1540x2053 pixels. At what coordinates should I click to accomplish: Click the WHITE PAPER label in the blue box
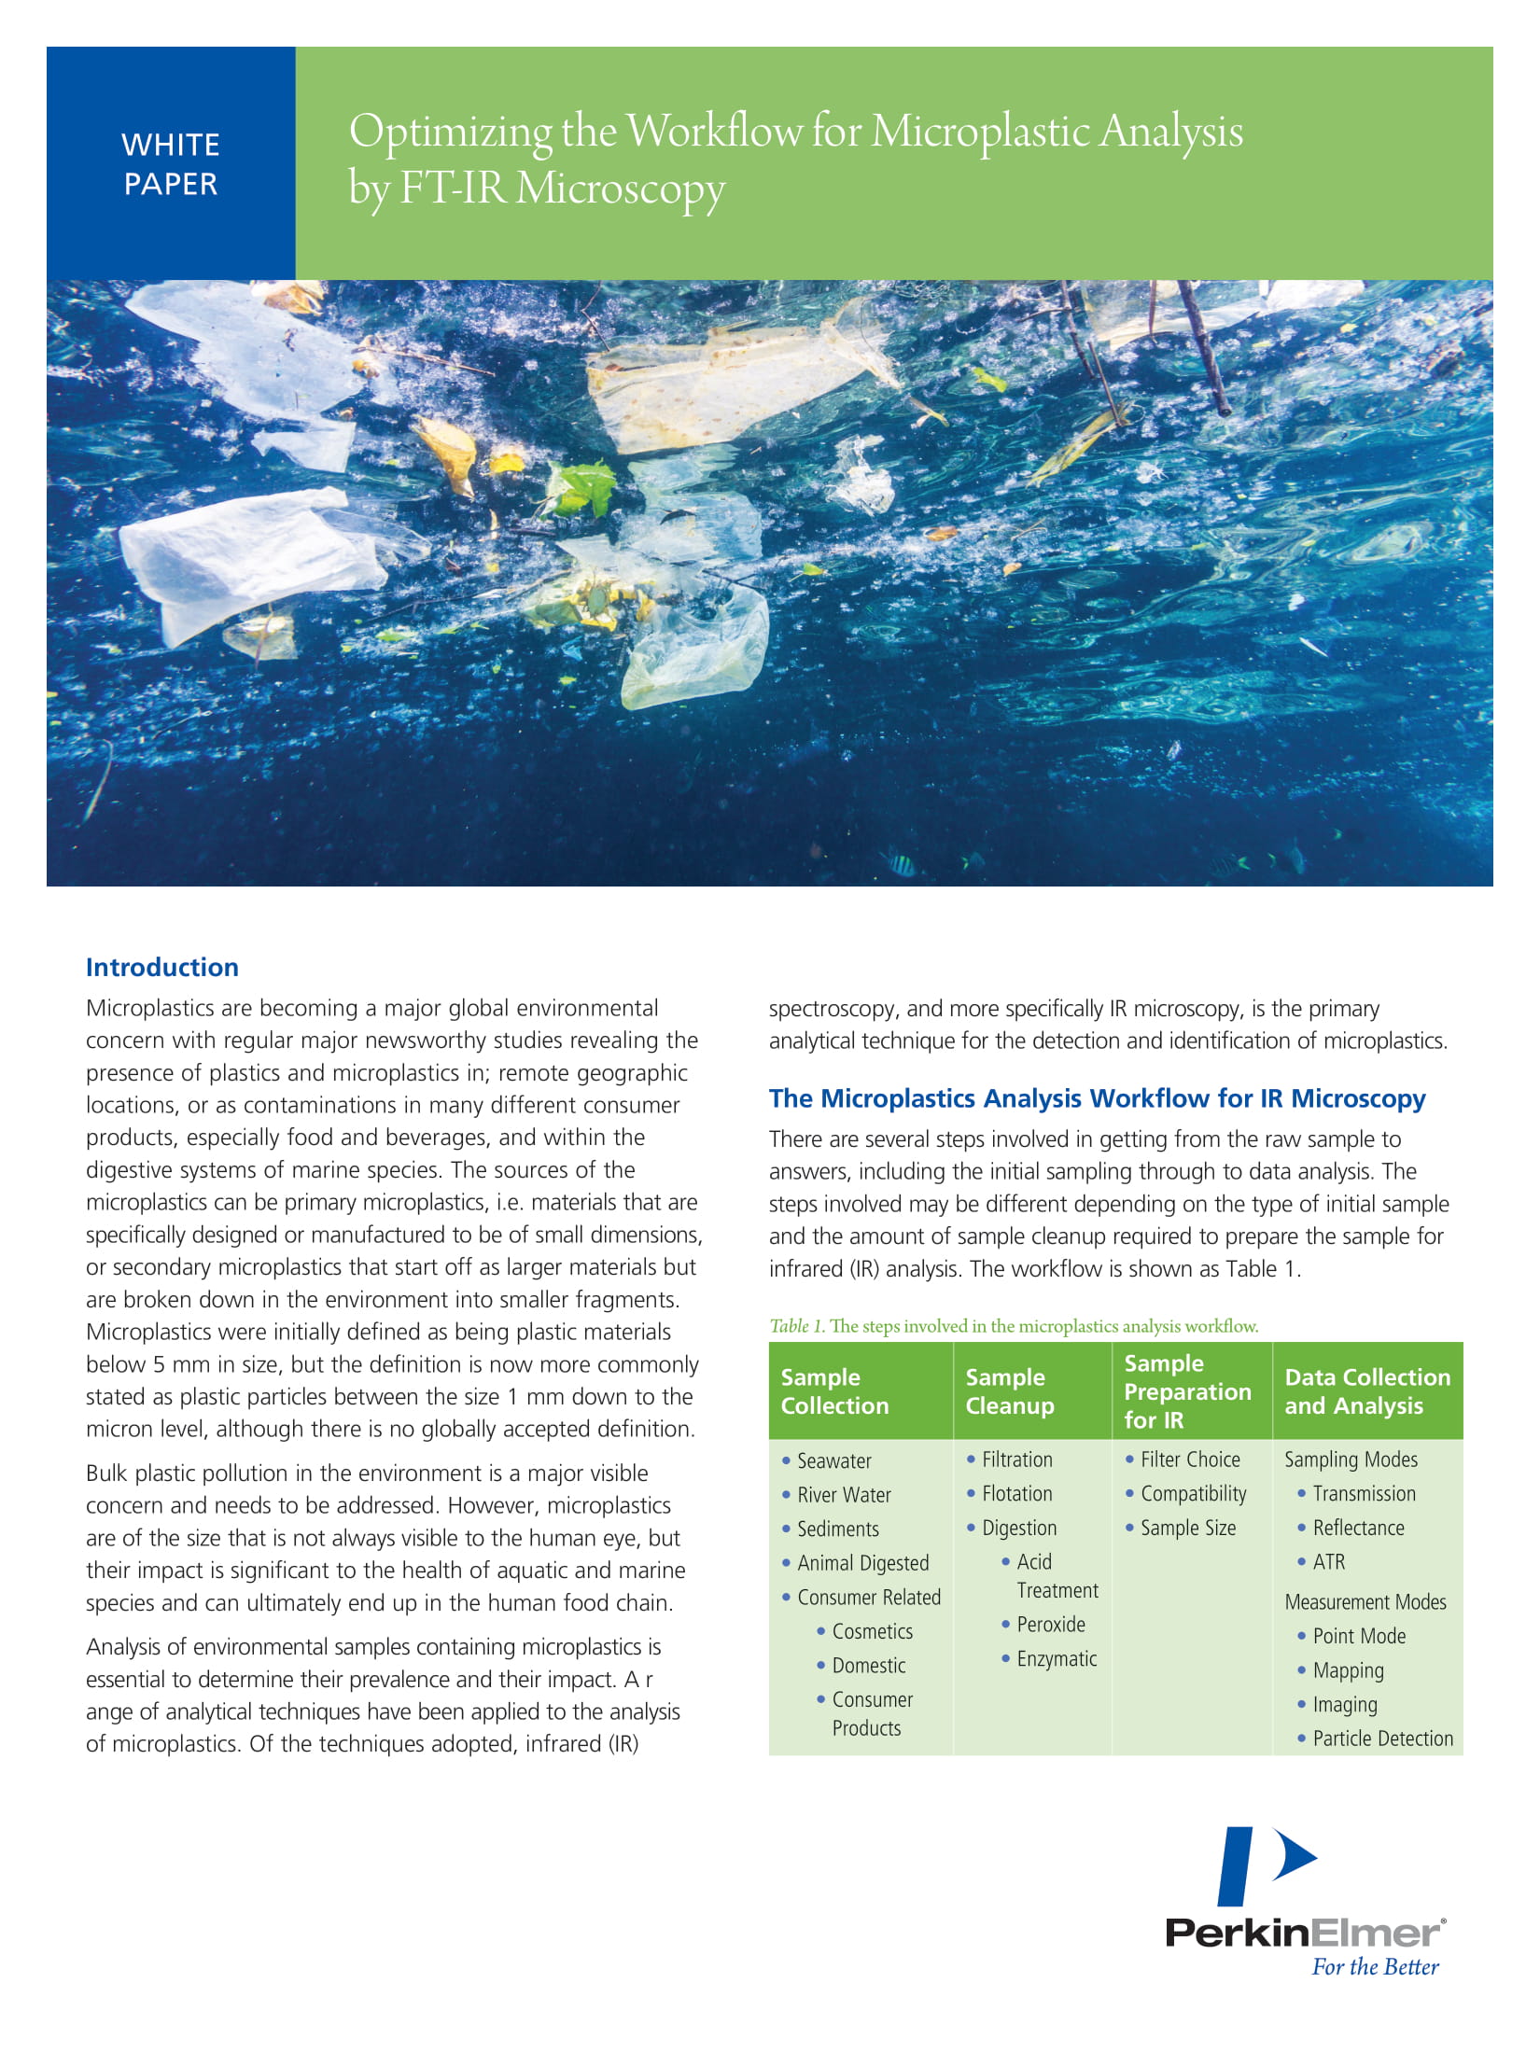(171, 164)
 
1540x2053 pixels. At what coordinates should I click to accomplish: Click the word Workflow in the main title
(713, 132)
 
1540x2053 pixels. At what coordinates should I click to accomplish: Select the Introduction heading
(162, 967)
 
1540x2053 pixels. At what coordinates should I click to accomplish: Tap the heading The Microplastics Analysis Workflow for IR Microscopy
(1097, 1098)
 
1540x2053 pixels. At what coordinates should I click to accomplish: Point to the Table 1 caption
(1014, 1326)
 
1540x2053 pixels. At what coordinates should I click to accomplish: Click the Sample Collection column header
(834, 1391)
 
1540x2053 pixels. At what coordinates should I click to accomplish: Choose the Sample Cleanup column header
(1009, 1391)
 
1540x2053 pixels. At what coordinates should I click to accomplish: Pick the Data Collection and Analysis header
(1367, 1391)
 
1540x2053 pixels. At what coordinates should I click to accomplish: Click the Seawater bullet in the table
(833, 1461)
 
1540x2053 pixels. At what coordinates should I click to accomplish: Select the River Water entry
(844, 1495)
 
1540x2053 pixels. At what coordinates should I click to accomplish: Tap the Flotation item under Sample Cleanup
(1016, 1494)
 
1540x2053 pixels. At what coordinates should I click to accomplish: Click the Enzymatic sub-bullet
(1057, 1659)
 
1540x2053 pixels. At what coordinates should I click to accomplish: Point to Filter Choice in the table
(1190, 1459)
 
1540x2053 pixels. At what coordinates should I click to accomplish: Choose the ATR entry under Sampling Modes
(1329, 1562)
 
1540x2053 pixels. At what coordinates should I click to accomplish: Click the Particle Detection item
(1382, 1739)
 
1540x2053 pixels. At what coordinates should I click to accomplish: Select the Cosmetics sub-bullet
(872, 1631)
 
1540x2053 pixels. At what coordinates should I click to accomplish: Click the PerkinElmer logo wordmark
(1304, 1932)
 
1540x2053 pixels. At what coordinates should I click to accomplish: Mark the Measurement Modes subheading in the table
(1365, 1602)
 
